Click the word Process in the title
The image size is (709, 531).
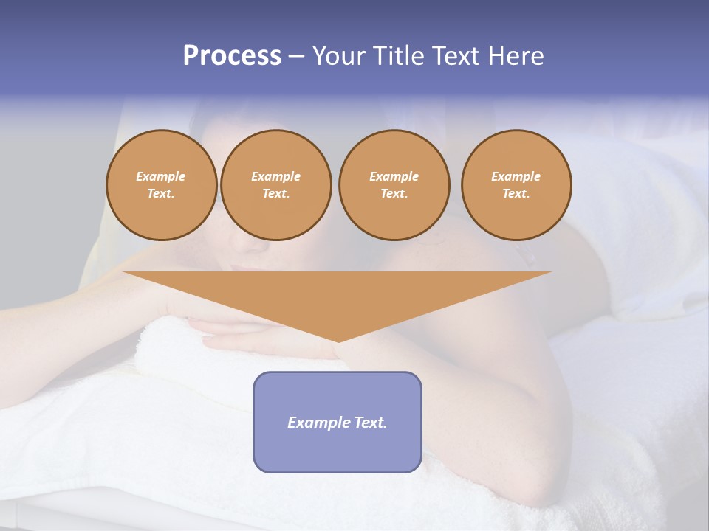click(232, 56)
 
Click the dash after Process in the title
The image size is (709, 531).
click(297, 57)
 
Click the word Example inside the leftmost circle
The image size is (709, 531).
click(161, 176)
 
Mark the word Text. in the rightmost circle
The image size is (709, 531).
click(516, 193)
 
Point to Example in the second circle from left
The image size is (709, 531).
click(275, 176)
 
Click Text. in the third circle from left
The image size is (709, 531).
click(394, 193)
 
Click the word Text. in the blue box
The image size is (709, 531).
click(370, 423)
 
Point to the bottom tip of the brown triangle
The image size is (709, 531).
click(338, 341)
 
